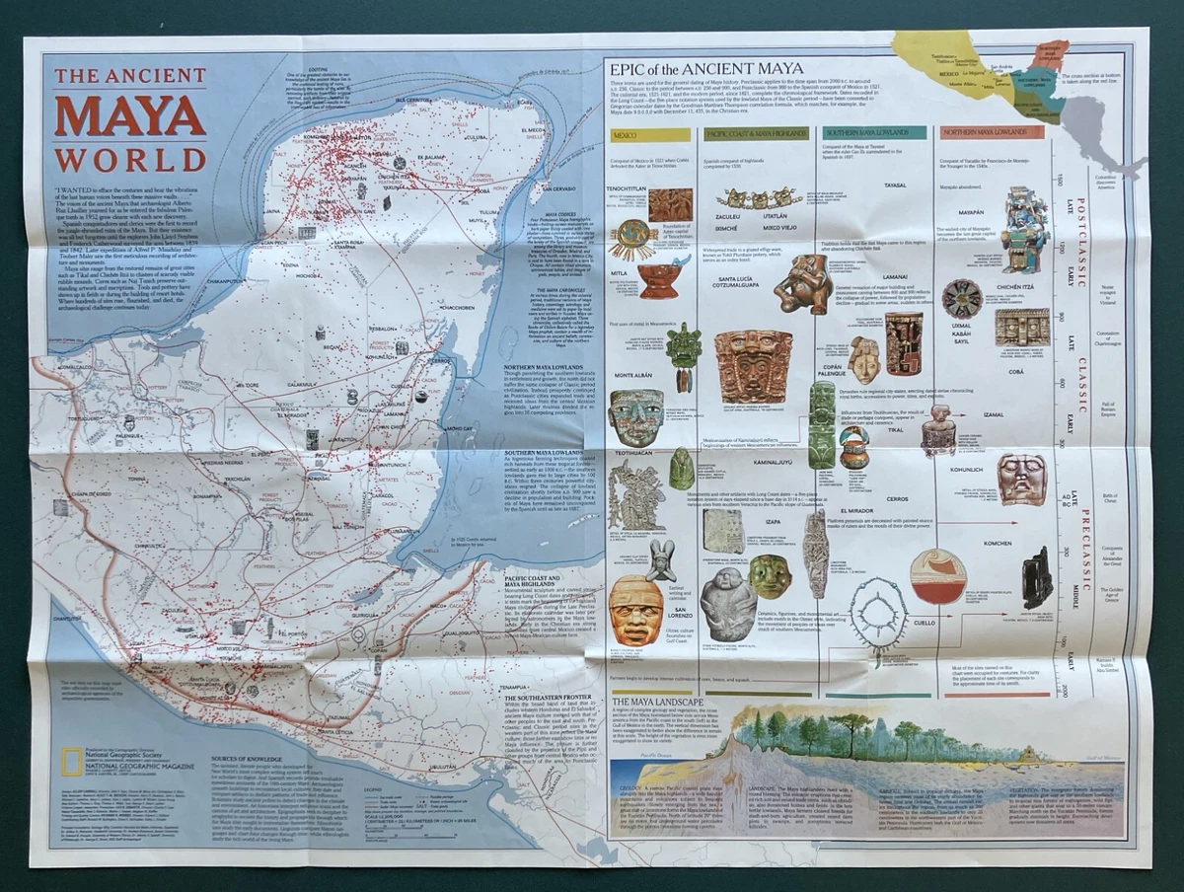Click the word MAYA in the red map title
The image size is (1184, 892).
click(129, 116)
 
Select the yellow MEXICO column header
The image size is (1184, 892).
click(627, 132)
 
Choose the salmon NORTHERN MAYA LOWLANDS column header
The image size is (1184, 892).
click(992, 132)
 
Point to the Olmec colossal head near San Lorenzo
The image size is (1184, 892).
click(635, 610)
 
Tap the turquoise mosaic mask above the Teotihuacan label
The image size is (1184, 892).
click(635, 416)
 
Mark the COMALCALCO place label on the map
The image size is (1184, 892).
click(74, 367)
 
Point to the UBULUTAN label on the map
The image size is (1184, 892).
click(441, 766)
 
